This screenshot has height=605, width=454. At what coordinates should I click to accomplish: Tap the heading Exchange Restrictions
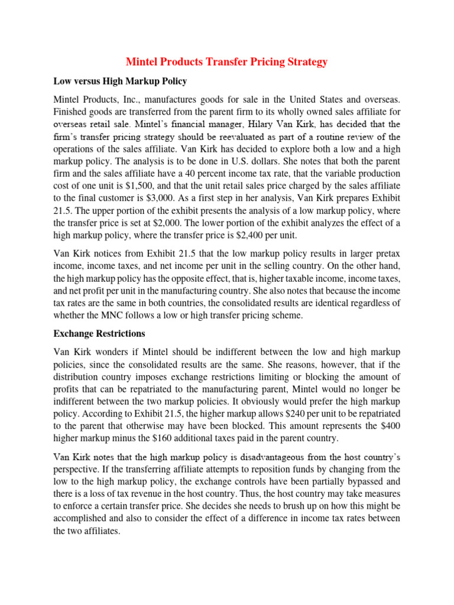pos(99,334)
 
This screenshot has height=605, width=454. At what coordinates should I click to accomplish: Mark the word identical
pos(346,302)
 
